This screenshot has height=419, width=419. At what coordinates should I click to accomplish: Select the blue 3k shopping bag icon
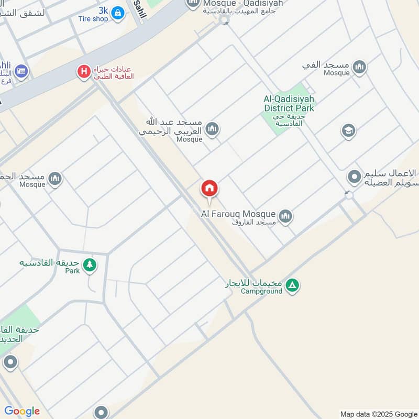(118, 13)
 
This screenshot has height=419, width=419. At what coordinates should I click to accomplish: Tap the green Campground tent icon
(293, 285)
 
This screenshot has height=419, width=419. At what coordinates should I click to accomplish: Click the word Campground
(261, 291)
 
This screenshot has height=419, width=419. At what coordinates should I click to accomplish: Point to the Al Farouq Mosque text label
(238, 214)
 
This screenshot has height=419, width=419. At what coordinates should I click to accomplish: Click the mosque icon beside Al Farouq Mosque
(285, 216)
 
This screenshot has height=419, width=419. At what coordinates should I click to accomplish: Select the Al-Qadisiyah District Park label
(289, 104)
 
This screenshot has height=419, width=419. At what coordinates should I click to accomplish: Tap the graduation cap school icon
(348, 131)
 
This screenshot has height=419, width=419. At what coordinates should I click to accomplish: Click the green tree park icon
(90, 265)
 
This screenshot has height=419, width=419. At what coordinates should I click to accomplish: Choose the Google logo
(22, 411)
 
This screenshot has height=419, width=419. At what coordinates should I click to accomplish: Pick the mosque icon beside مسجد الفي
(359, 67)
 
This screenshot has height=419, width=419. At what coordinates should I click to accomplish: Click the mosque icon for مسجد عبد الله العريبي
(212, 129)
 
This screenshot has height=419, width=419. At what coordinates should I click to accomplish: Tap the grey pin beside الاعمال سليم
(355, 177)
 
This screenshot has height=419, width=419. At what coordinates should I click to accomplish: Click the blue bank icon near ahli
(21, 71)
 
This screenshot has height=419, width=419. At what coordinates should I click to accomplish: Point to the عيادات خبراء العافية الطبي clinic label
(114, 72)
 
